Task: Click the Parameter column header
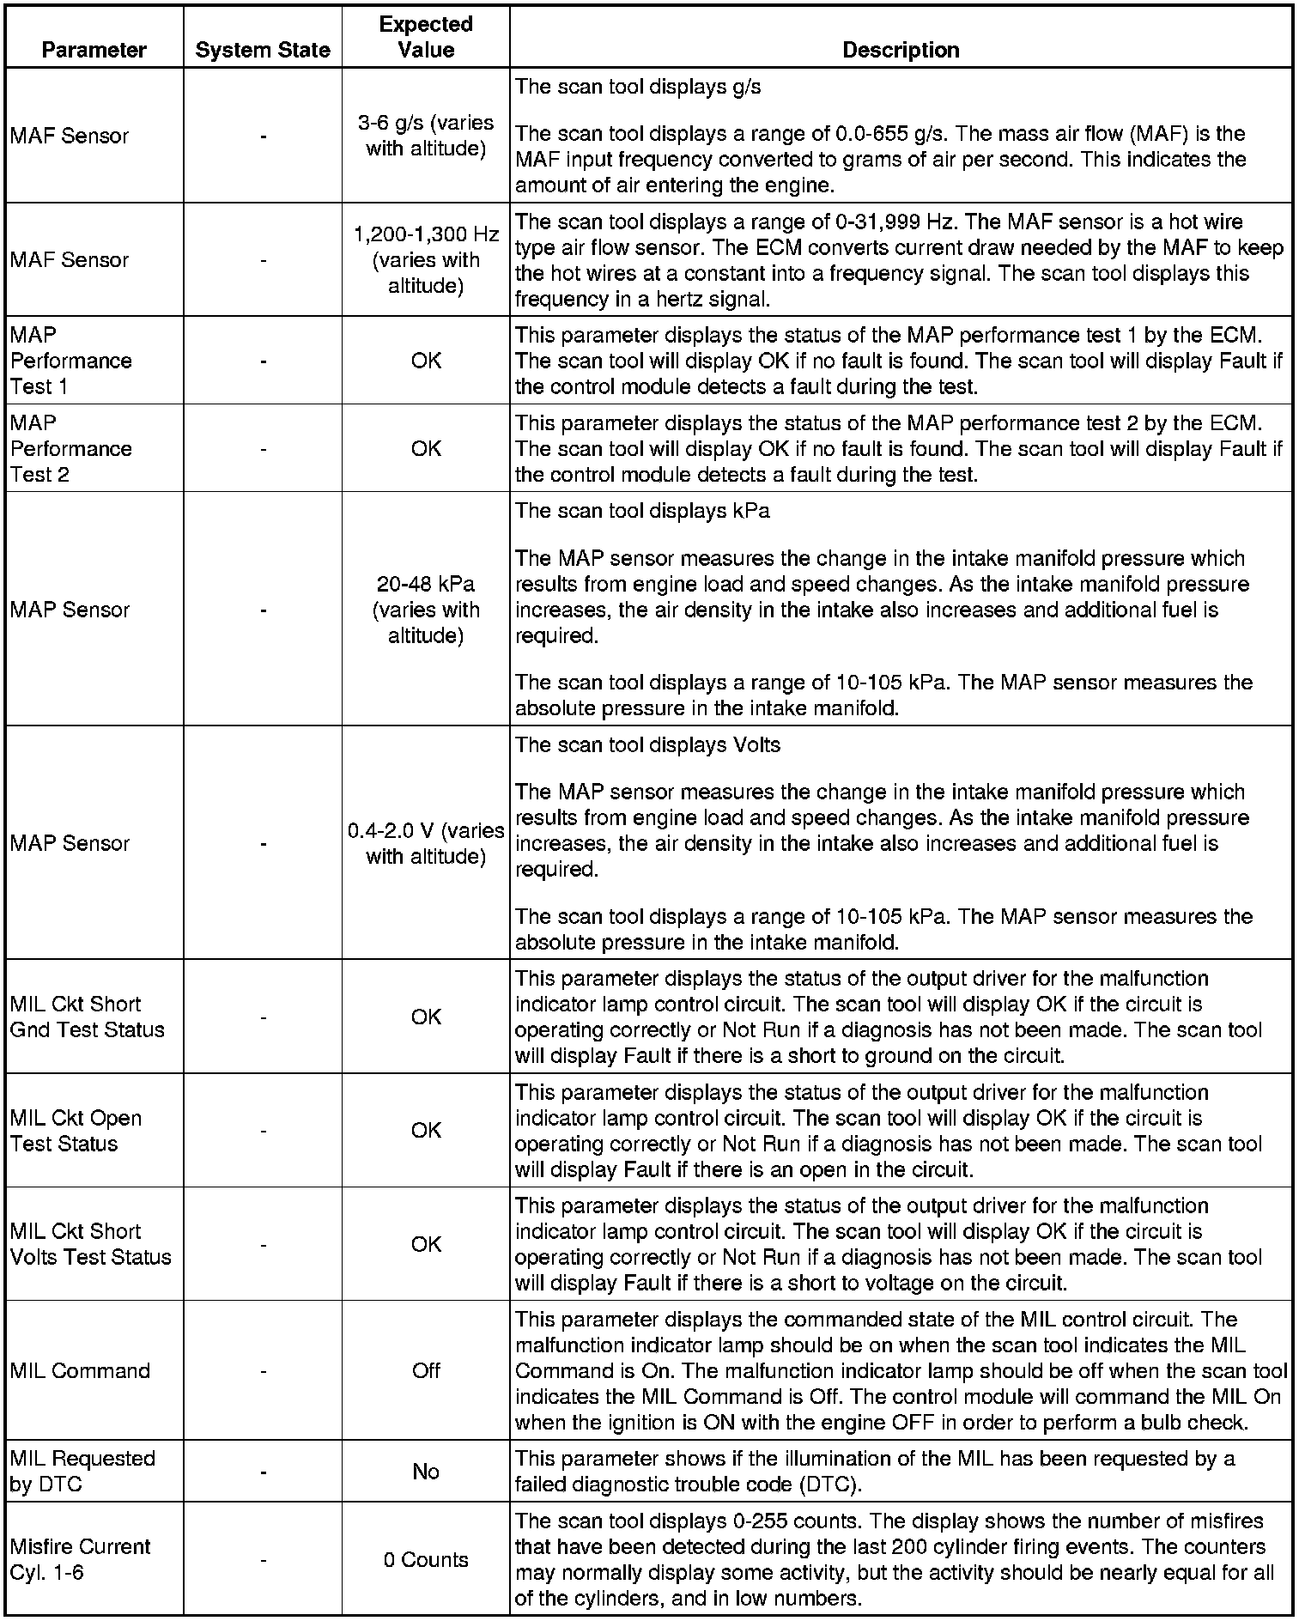coord(94,50)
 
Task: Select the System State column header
coord(263,50)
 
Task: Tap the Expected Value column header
coord(426,37)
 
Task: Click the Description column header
coord(901,50)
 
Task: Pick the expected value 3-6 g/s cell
coord(426,136)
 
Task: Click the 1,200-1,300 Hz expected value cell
coord(426,259)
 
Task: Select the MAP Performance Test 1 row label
coord(71,361)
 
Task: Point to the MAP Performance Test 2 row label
coord(71,448)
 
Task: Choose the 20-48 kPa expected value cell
coord(426,610)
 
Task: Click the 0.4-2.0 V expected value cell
coord(426,843)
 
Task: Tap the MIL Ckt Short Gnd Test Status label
coord(87,1017)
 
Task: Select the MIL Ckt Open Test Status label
coord(76,1131)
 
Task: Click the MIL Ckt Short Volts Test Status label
coord(90,1244)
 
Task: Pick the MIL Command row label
coord(80,1370)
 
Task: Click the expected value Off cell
coord(426,1370)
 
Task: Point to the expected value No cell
coord(426,1472)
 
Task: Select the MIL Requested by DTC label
coord(82,1472)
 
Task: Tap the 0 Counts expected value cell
coord(426,1560)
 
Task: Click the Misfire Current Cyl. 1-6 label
coord(80,1560)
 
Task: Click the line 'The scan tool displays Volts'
coord(647,745)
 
